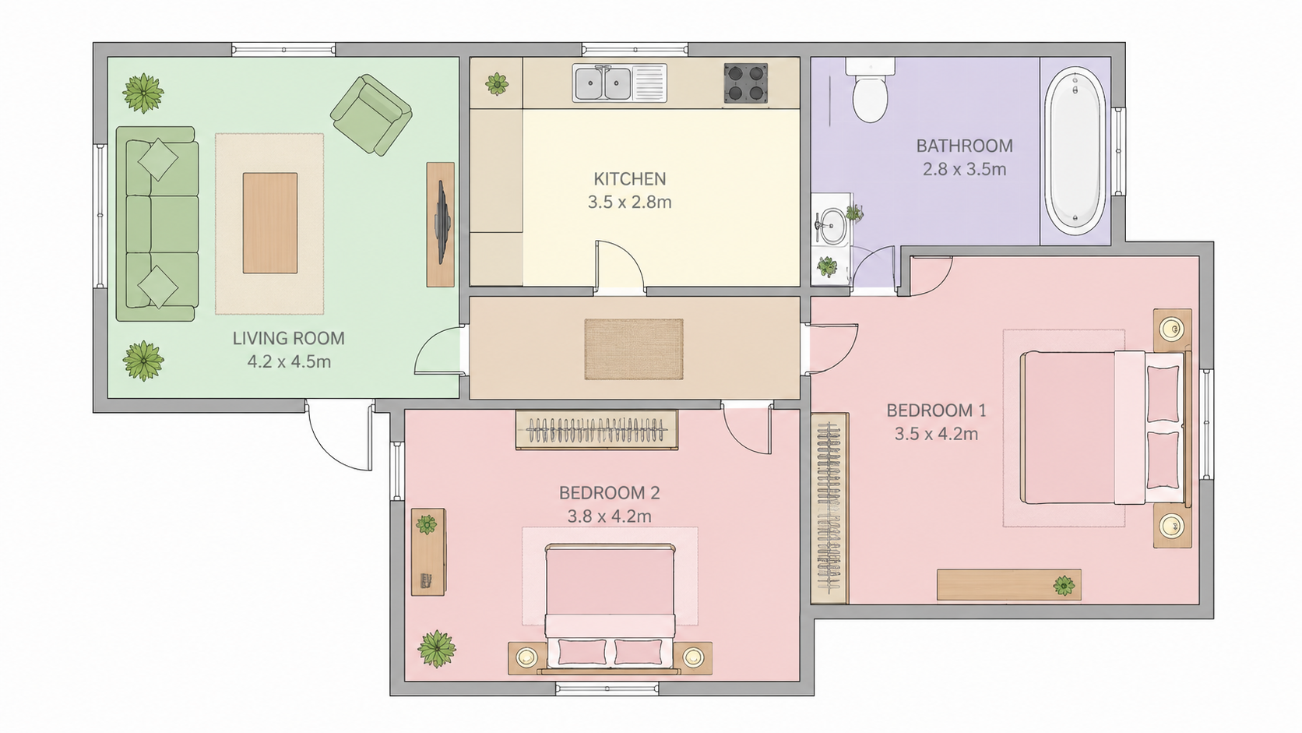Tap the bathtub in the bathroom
(1075, 152)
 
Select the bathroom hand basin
(832, 225)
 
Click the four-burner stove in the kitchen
(745, 83)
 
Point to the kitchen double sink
(619, 83)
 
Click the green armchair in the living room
(371, 115)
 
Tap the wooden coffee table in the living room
(270, 223)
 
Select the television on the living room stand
(442, 223)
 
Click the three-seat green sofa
(157, 224)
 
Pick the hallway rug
(634, 349)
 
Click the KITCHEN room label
(629, 178)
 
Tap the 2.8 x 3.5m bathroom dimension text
(964, 169)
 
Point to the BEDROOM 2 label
(609, 493)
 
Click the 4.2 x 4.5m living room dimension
(289, 361)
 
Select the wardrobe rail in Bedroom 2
(596, 430)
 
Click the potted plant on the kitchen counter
(496, 84)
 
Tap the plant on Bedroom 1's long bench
(1064, 585)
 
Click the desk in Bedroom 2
(428, 552)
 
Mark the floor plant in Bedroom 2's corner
(437, 649)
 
